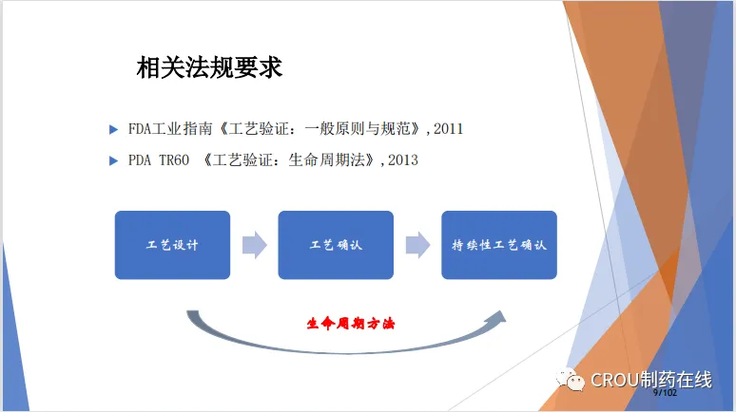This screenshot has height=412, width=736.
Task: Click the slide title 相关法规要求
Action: pos(209,67)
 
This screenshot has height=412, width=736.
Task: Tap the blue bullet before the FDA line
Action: pos(113,129)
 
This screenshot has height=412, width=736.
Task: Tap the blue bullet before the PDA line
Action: pos(113,160)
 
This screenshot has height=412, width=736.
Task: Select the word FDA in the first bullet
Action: pos(140,129)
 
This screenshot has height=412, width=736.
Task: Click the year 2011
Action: pos(448,129)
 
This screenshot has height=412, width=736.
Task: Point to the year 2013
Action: pos(403,160)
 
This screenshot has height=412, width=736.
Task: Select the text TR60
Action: pos(174,160)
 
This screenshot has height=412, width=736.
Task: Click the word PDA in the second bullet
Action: pos(140,160)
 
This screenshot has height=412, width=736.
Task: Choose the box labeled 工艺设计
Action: pos(172,245)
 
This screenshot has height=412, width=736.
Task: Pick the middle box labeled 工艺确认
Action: pos(336,245)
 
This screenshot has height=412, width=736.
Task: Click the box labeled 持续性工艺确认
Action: pos(499,245)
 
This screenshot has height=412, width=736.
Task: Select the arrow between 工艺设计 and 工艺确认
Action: pos(255,245)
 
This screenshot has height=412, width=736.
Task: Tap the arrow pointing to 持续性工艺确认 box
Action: pos(417,245)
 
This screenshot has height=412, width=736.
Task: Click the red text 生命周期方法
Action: pos(351,324)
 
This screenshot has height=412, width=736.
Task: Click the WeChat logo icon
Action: pos(570,380)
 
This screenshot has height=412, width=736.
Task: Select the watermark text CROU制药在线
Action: pos(651,380)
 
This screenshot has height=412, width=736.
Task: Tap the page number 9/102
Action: pos(665,393)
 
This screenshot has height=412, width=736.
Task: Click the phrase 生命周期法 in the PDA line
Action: pos(327,160)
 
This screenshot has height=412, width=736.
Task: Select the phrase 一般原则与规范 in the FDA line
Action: pos(358,129)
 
